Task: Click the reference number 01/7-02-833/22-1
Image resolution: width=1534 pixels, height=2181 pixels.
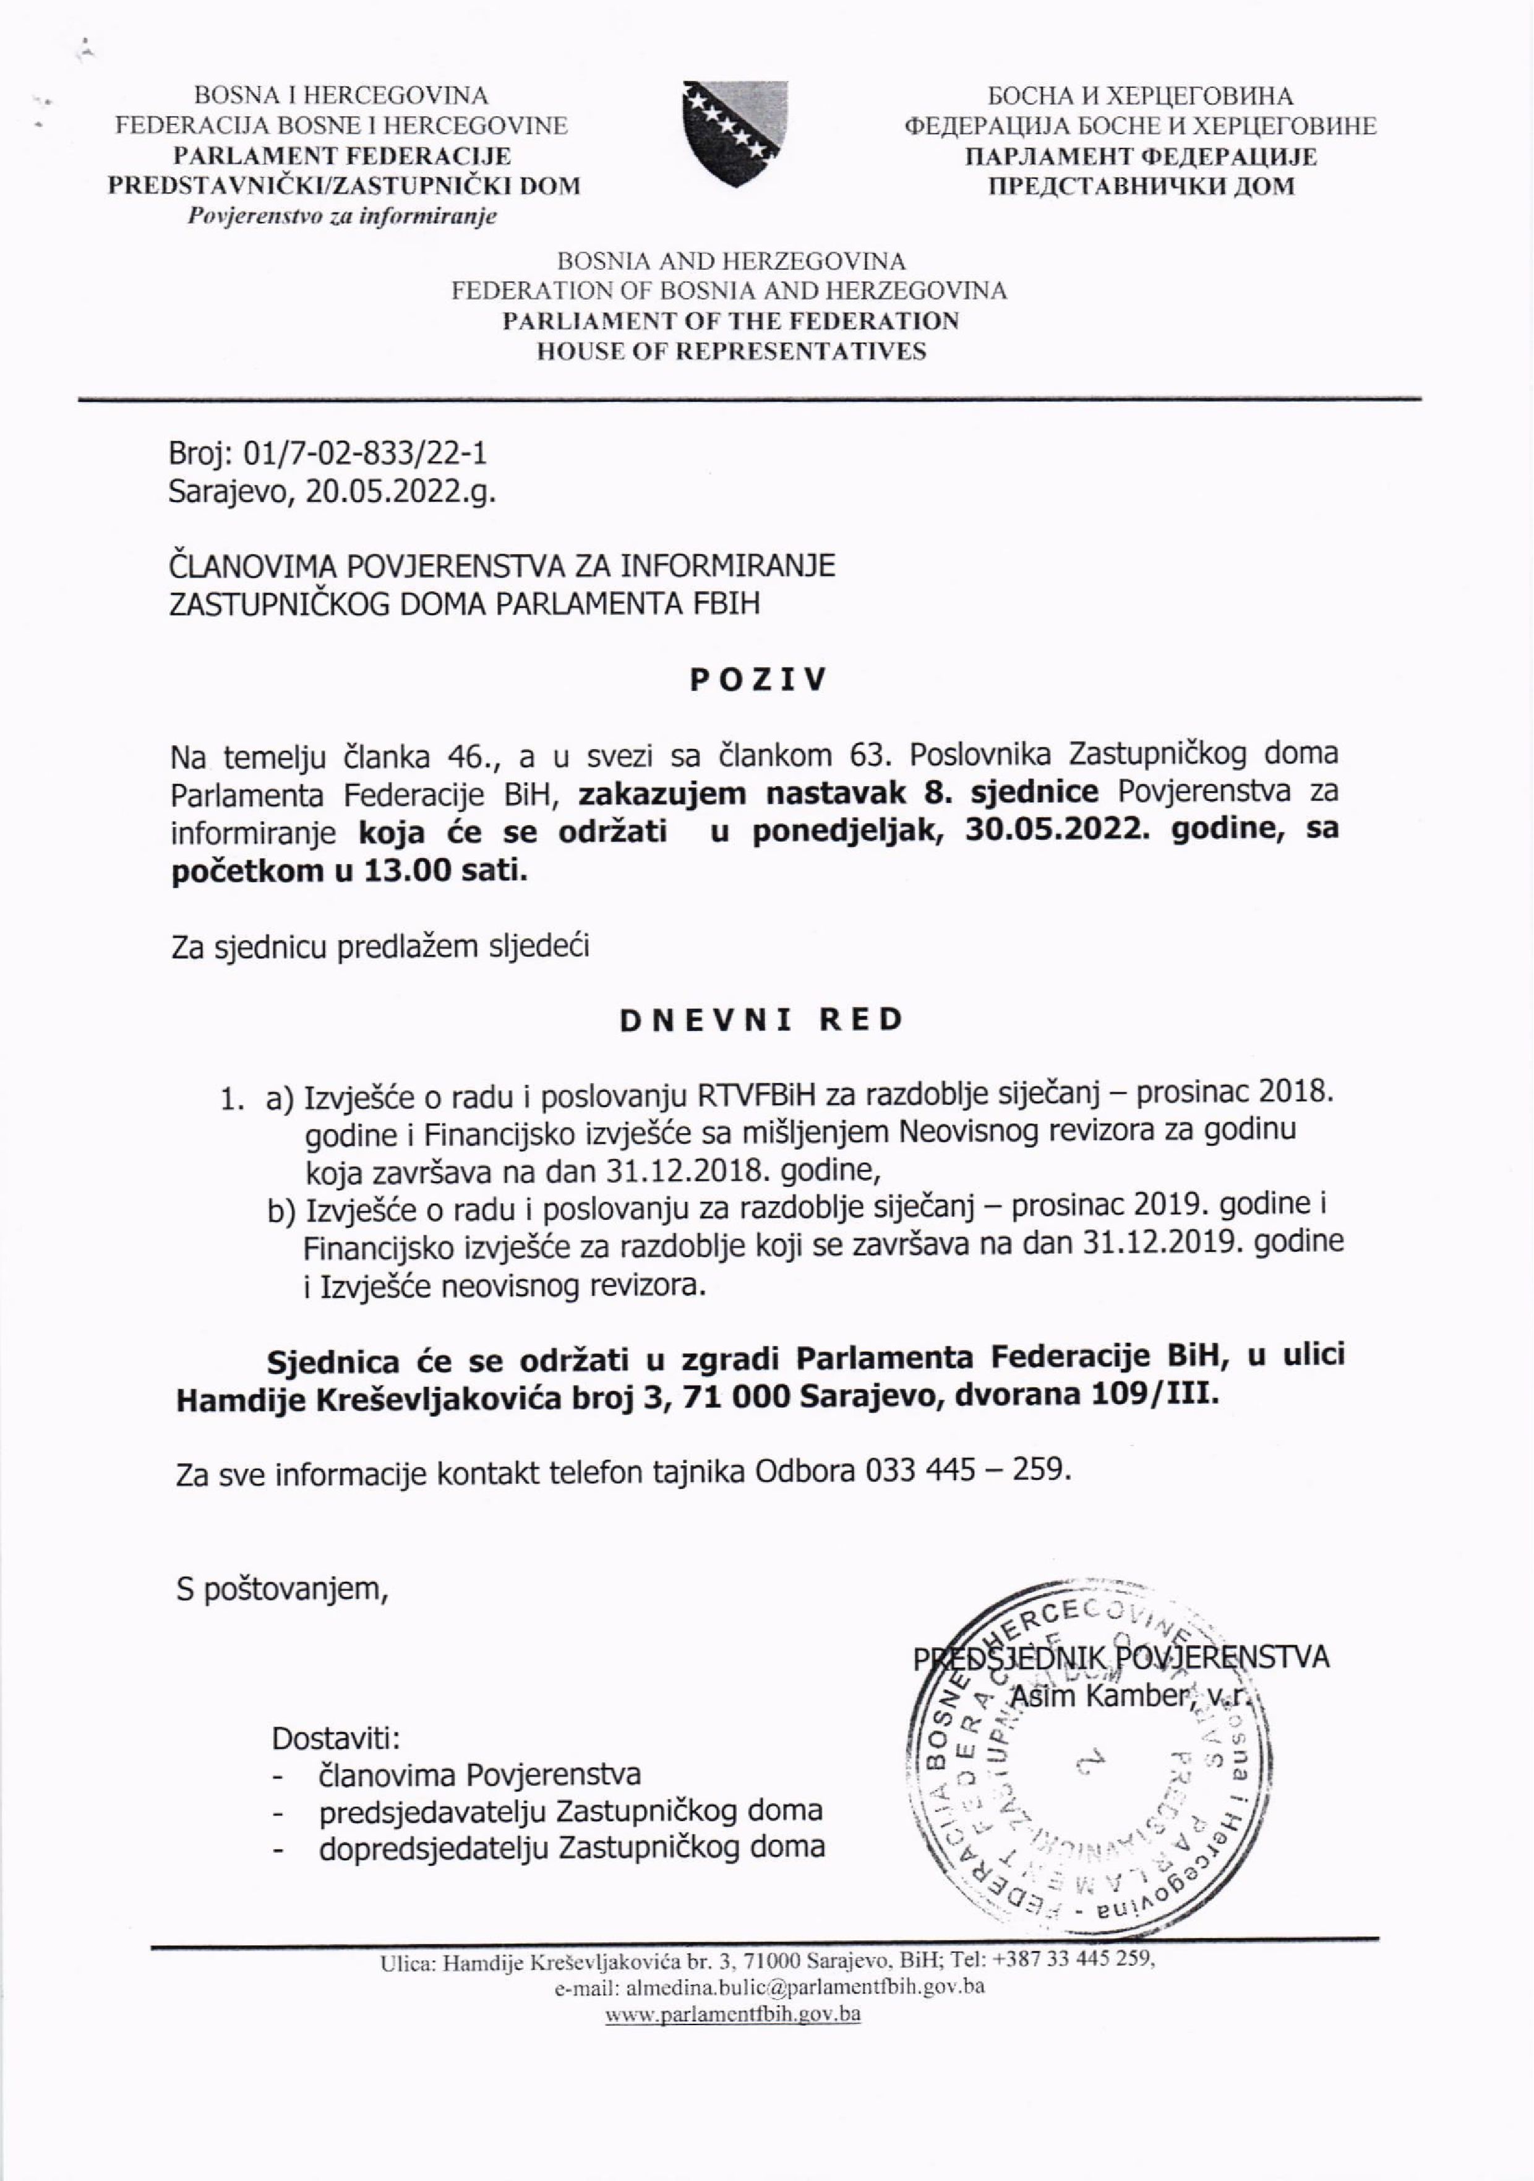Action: click(x=367, y=453)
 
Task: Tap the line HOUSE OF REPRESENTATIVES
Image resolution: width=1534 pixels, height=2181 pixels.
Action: click(x=731, y=351)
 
